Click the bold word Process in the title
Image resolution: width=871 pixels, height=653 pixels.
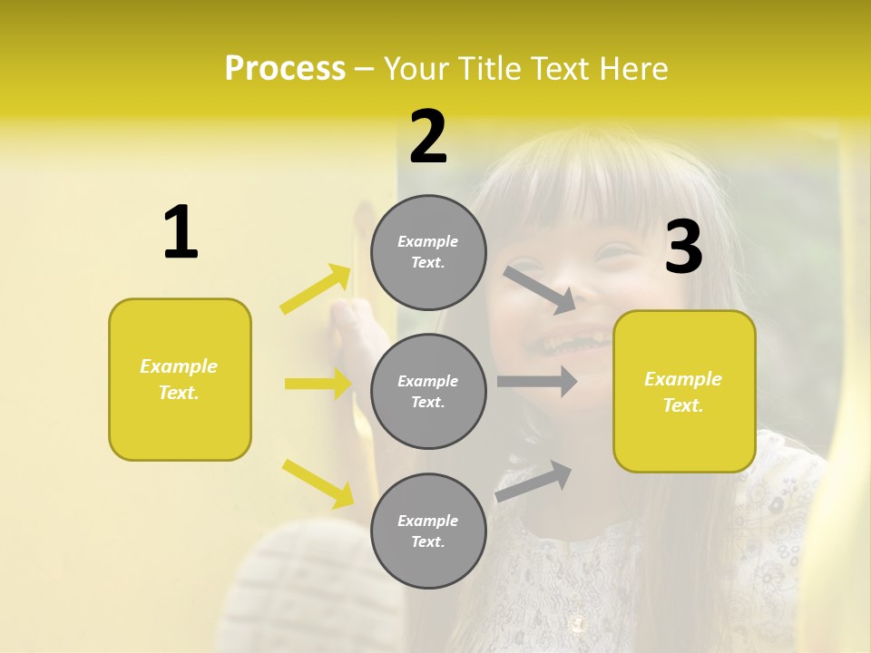pyautogui.click(x=285, y=69)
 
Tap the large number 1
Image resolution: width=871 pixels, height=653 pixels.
pyautogui.click(x=181, y=232)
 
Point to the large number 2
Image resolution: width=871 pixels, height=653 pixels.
pyautogui.click(x=428, y=137)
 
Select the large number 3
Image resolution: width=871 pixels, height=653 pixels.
pyautogui.click(x=683, y=248)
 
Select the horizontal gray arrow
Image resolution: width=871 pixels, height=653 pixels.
pyautogui.click(x=536, y=381)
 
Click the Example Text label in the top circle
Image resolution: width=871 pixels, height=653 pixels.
pyautogui.click(x=428, y=252)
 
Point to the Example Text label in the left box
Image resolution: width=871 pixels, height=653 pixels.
pyautogui.click(x=179, y=379)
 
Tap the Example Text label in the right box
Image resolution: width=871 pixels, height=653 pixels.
pyautogui.click(x=683, y=392)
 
